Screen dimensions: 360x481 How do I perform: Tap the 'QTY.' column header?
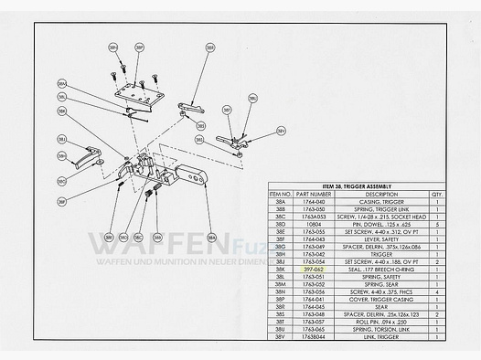click(x=435, y=194)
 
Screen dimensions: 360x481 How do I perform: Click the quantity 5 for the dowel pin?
click(x=435, y=223)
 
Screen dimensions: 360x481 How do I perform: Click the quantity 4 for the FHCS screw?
click(x=435, y=292)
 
